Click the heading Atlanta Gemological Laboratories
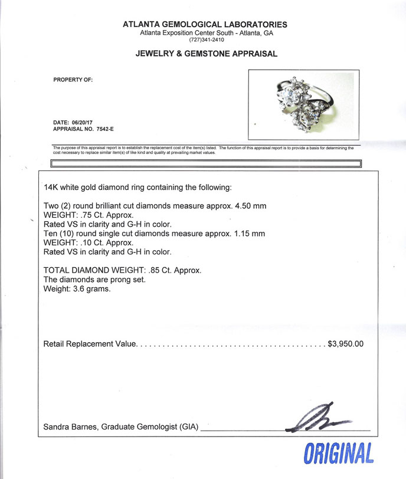coord(205,24)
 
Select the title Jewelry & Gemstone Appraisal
coord(206,54)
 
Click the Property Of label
coord(73,79)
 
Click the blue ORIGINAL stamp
coord(339,454)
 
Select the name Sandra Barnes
coord(67,426)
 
